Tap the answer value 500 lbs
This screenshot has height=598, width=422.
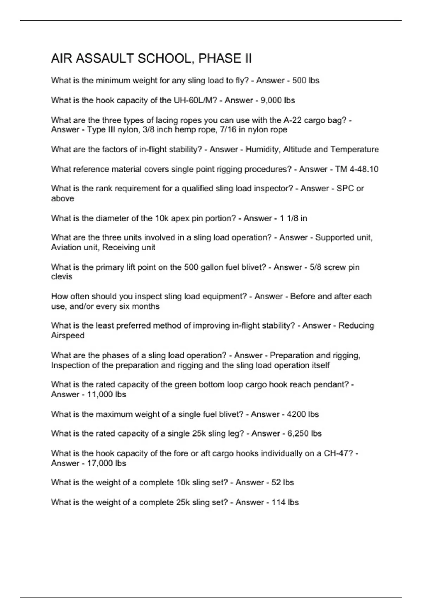(x=306, y=81)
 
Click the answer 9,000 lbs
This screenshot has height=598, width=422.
(x=277, y=100)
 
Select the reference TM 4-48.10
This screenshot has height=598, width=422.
(x=357, y=169)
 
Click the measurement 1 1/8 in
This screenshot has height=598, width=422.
(x=293, y=218)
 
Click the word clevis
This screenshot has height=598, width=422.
(x=62, y=276)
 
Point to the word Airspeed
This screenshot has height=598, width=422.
(x=68, y=335)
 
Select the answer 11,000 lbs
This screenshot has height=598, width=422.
(x=106, y=394)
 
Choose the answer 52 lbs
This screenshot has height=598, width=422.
(x=282, y=482)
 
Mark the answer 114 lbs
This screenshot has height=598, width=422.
(x=285, y=502)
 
